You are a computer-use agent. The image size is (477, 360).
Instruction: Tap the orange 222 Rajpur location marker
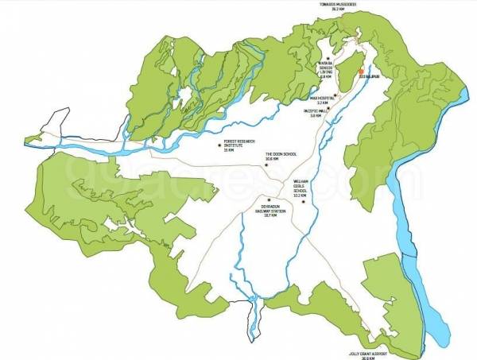click(361, 72)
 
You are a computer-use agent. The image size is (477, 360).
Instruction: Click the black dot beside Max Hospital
click(335, 95)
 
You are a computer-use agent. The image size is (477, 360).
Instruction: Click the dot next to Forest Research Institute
click(219, 145)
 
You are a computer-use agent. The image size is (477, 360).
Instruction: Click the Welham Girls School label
click(300, 189)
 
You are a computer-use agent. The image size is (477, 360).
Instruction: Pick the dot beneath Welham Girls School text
click(303, 202)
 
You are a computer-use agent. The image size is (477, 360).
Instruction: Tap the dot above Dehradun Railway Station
click(270, 199)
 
